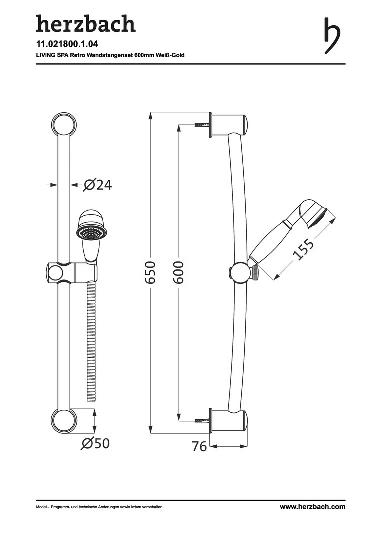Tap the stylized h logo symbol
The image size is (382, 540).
(332, 36)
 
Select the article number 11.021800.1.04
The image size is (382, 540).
(67, 43)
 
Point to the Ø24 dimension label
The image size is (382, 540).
(98, 185)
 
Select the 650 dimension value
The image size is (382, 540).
(150, 272)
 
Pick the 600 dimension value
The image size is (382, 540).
(178, 272)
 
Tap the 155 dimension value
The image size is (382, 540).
(303, 249)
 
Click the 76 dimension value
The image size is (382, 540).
(199, 446)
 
